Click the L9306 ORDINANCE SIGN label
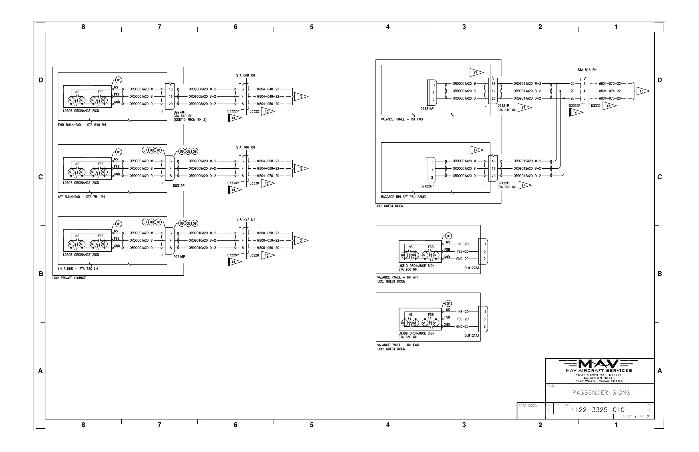[81, 111]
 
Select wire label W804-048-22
[268, 89]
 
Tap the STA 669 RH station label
[246, 75]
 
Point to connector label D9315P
[179, 186]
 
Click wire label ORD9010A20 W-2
[202, 233]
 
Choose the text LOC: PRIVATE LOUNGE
[69, 278]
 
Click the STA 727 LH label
[246, 219]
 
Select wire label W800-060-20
[268, 248]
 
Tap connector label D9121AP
[427, 109]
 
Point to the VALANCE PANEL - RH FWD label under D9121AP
[402, 120]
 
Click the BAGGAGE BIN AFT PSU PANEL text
[403, 197]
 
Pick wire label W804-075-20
[609, 98]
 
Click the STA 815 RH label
[587, 70]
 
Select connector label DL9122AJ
[471, 268]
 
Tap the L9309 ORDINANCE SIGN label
[416, 333]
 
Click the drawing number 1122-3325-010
[598, 410]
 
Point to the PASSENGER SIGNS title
[601, 393]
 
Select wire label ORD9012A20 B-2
[527, 168]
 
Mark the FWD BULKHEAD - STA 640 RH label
[82, 125]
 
